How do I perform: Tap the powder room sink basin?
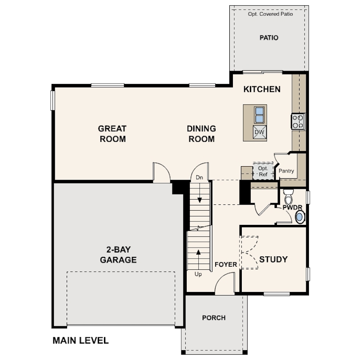[x=300, y=217]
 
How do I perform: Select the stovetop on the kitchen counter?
[x=298, y=122]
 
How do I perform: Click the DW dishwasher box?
[x=260, y=132]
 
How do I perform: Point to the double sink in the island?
[x=260, y=115]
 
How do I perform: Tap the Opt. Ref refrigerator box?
[x=263, y=171]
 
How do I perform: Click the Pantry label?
[x=286, y=171]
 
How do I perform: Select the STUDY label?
[x=273, y=260]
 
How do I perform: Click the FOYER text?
[x=226, y=264]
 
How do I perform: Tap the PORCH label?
[x=214, y=318]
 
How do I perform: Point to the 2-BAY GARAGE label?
[x=119, y=255]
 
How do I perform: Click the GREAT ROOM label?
[x=112, y=134]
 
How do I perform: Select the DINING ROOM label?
[x=202, y=134]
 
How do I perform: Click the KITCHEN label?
[x=262, y=89]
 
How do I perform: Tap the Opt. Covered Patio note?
[x=271, y=14]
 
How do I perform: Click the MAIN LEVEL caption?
[x=80, y=340]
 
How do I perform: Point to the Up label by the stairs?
[x=198, y=274]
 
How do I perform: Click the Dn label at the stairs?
[x=200, y=177]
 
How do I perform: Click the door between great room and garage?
[x=162, y=172]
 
